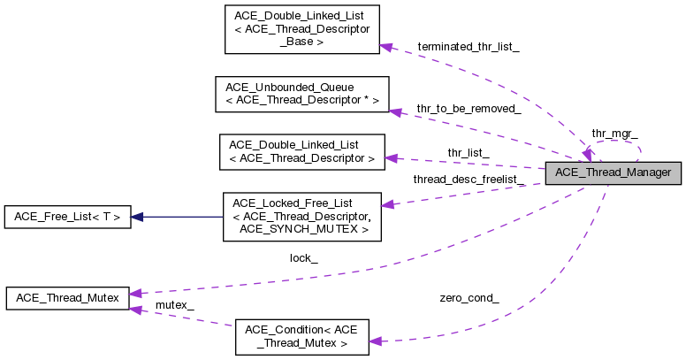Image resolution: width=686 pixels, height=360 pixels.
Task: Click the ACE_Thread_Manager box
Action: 614,172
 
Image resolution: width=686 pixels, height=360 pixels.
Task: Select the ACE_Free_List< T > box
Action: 67,217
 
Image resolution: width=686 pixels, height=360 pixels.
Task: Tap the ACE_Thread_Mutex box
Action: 67,298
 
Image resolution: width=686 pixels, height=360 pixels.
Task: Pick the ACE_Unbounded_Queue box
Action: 301,95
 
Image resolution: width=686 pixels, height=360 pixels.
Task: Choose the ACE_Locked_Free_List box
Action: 301,217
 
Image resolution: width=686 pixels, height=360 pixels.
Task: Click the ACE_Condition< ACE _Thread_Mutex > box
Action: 301,337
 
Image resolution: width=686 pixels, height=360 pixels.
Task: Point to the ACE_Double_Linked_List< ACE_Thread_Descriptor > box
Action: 301,151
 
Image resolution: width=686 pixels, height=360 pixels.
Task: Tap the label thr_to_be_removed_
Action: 469,109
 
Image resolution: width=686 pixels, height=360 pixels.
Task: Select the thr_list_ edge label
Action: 468,152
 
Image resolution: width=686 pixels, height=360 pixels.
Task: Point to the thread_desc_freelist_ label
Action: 469,180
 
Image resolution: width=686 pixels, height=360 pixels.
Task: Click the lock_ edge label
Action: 303,258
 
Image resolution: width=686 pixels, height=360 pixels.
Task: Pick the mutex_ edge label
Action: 174,305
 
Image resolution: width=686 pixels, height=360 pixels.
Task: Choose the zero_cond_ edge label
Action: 469,298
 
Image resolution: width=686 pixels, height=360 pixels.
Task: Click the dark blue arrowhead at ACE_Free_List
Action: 138,217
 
